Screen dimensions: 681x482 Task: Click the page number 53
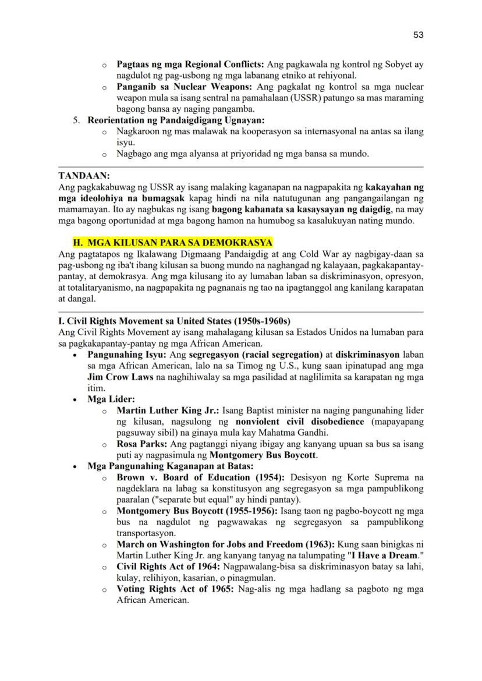[418, 35]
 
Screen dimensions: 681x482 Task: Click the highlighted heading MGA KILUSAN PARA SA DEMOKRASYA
[172, 243]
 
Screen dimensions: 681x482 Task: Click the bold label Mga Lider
[111, 399]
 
